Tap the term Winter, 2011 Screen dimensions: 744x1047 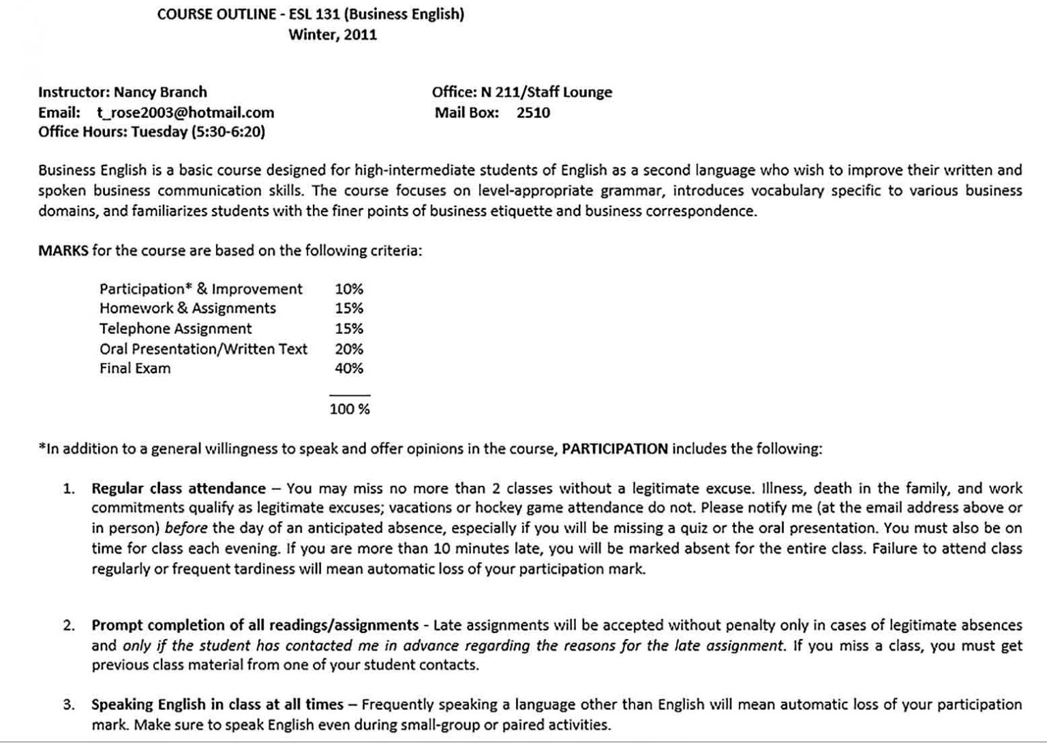[333, 35]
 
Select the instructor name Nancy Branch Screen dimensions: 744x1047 [160, 92]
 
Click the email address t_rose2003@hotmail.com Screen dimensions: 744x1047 [185, 112]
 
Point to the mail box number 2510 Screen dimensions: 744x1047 [533, 112]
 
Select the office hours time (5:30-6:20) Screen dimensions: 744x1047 [228, 131]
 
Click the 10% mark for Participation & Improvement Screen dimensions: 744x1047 [349, 289]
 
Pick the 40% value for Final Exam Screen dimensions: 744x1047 [349, 369]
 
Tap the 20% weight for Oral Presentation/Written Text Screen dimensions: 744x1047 [349, 349]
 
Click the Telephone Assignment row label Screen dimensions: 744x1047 [175, 328]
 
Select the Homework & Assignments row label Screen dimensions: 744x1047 [187, 308]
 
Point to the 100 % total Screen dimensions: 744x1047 [350, 409]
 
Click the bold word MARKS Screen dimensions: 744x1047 [63, 250]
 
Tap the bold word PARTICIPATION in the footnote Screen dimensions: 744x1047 [615, 448]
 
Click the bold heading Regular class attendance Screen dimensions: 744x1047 [179, 488]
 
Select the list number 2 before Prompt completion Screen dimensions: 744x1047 [69, 625]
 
